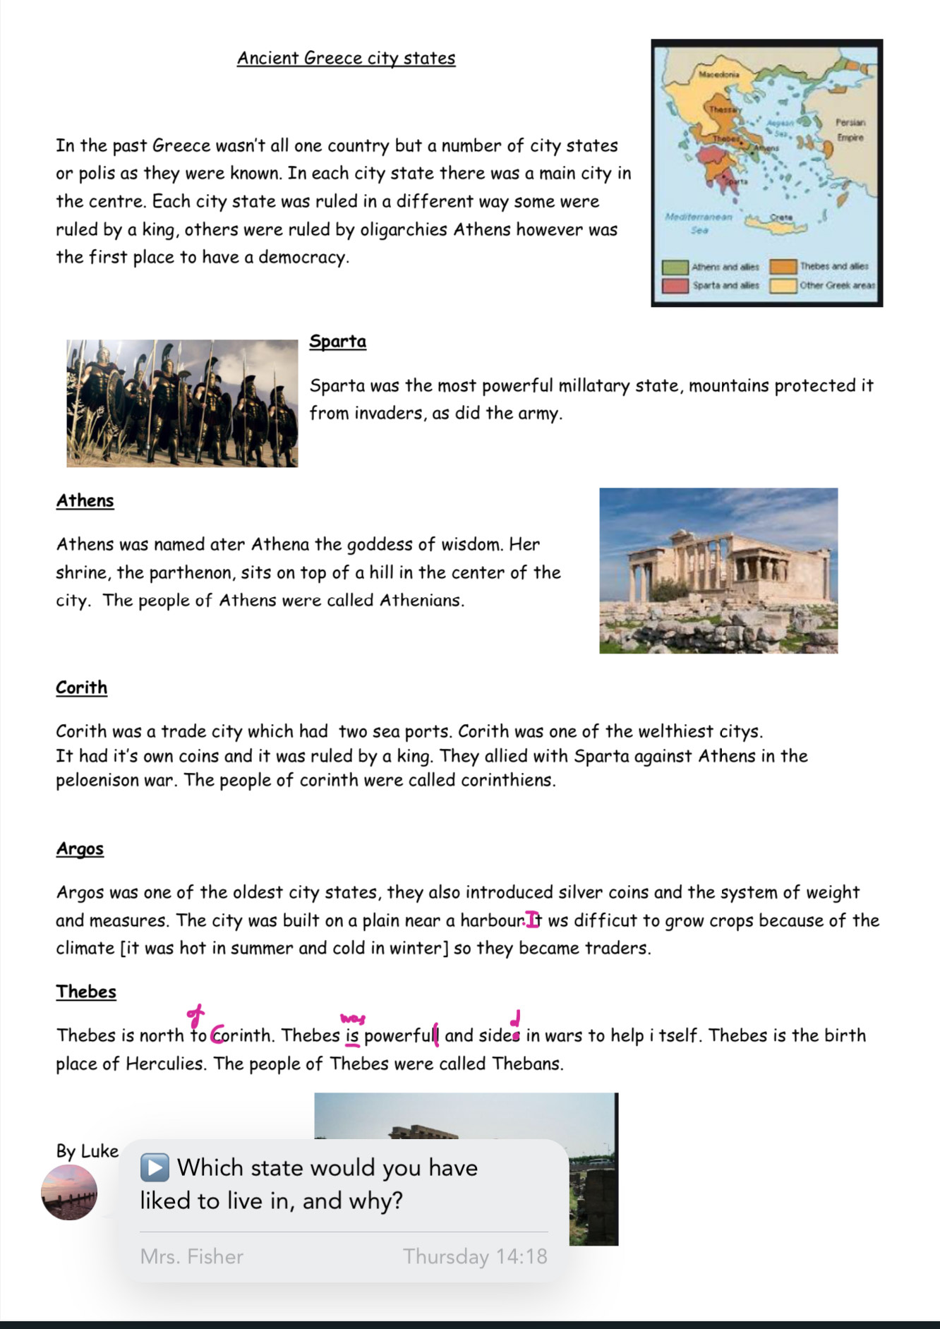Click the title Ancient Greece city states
(x=346, y=58)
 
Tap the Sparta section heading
(x=337, y=342)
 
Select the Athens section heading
(x=85, y=500)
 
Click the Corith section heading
(x=81, y=687)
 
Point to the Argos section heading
(x=80, y=848)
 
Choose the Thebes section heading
(x=86, y=992)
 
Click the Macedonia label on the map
(x=718, y=73)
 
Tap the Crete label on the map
(x=781, y=217)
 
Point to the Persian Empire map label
(x=850, y=130)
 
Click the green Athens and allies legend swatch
(x=675, y=267)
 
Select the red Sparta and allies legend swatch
(x=675, y=285)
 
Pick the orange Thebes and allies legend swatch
(x=783, y=267)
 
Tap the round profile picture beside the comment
(x=69, y=1192)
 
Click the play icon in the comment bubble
(x=155, y=1167)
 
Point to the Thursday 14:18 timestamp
(x=475, y=1256)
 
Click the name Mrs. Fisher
(x=191, y=1256)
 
